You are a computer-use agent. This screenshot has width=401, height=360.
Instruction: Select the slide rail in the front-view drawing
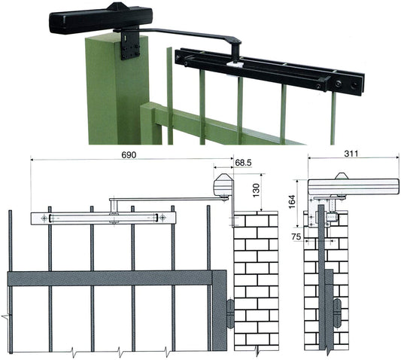pyautogui.click(x=103, y=218)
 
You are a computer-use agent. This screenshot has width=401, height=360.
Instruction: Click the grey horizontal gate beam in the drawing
pyautogui.click(x=113, y=278)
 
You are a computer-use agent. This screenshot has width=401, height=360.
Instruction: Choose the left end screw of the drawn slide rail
pyautogui.click(x=45, y=218)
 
